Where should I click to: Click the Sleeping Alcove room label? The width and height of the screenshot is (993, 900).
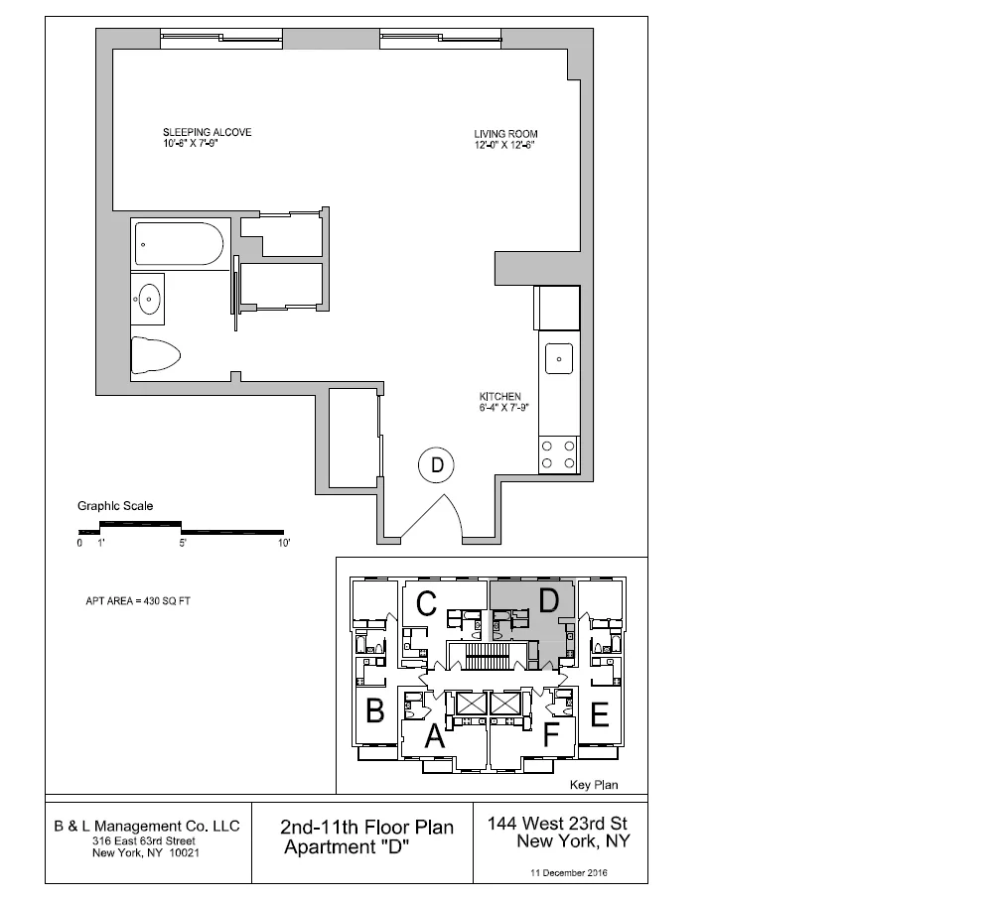[x=207, y=132]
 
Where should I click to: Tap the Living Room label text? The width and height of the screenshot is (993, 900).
[x=505, y=134]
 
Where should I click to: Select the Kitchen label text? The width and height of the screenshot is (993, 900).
[x=499, y=397]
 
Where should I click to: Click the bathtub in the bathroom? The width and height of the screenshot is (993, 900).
[x=179, y=244]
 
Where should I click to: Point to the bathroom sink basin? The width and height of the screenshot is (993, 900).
[x=150, y=297]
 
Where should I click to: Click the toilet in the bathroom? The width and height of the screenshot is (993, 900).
[x=156, y=354]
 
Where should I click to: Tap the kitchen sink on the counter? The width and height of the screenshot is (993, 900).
[x=559, y=357]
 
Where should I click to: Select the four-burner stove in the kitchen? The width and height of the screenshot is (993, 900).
[x=559, y=454]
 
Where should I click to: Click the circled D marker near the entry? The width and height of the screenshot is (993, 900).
[x=435, y=463]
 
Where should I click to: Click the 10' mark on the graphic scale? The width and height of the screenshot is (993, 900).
[x=283, y=544]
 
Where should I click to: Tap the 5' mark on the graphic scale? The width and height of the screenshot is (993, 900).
[x=183, y=544]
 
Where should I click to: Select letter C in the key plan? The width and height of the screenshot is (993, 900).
[x=427, y=602]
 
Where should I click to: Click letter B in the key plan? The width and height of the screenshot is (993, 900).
[x=375, y=711]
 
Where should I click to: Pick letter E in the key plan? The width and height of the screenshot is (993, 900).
[x=599, y=714]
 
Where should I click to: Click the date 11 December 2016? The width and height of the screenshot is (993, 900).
[x=570, y=873]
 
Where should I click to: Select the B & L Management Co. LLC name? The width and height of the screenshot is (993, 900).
[x=146, y=826]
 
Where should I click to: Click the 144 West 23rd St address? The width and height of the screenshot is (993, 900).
[x=558, y=824]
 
